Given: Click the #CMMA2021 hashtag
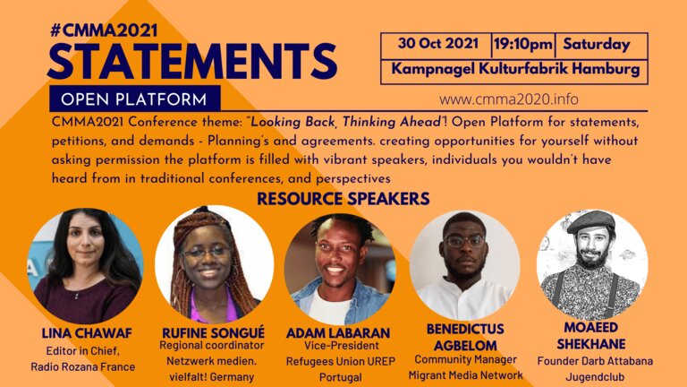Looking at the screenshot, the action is pos(104,30).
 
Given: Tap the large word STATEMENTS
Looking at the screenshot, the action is pos(192,61).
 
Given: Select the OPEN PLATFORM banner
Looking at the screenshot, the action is pos(134,99).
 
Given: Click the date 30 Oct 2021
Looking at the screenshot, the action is pos(437,44).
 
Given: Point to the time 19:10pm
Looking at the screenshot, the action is pos(523,45).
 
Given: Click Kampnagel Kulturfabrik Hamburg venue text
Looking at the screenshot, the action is pos(515,69).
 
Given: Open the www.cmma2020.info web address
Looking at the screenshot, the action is pos(509,99).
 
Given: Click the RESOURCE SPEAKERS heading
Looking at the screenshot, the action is pos(343,199).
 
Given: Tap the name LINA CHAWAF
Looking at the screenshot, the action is pos(87,333).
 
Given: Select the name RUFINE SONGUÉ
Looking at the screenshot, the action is pos(214,332).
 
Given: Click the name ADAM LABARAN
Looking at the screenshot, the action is pos(338,333).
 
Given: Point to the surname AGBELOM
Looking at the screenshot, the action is pos(465,345).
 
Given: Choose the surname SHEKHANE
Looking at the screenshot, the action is pos(591,344).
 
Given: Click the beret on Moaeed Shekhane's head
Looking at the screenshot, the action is pos(591,221).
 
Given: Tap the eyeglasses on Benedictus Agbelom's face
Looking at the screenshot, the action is pos(464,241).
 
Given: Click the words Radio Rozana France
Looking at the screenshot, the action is pos(83,366).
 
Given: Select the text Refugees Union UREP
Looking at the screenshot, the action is pos(341,362).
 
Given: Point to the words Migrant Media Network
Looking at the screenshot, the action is pos(465,375).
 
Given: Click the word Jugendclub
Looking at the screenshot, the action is pos(595,377).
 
